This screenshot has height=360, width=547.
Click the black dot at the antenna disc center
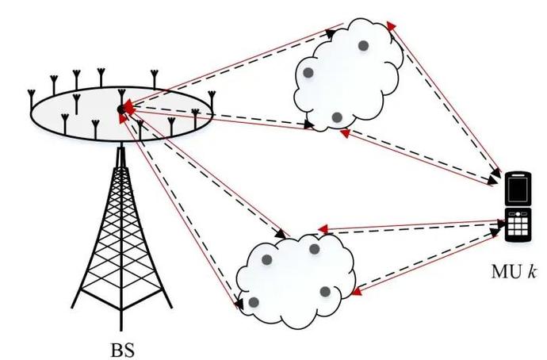[121, 109]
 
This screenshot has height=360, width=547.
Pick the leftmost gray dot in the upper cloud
[308, 73]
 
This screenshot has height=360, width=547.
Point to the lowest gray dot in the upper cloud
[337, 117]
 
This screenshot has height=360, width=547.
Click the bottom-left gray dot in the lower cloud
[254, 302]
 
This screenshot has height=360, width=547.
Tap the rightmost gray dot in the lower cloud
[326, 292]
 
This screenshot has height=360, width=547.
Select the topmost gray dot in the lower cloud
[314, 249]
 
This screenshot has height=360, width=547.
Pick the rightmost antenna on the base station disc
[212, 98]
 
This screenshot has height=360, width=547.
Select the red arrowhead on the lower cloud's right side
[356, 293]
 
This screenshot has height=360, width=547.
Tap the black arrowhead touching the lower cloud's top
[282, 235]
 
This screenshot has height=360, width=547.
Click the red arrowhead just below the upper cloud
[342, 134]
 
